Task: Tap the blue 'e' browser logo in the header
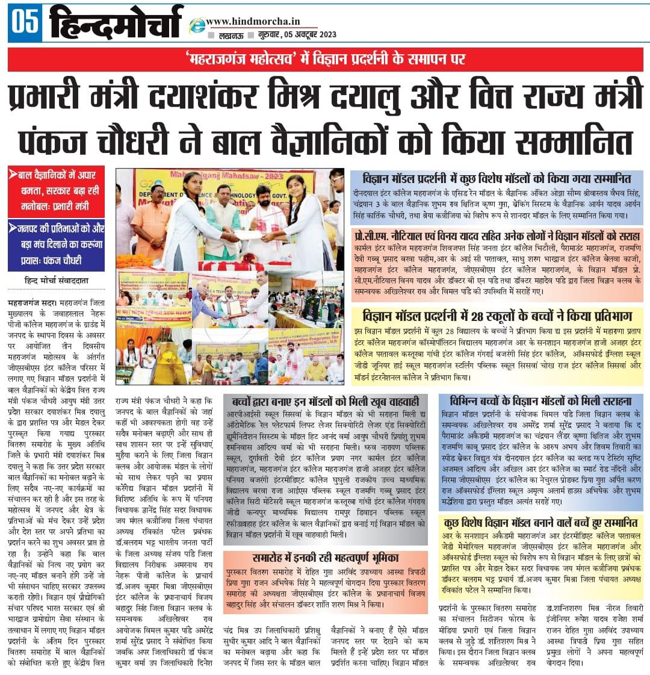tap(196, 26)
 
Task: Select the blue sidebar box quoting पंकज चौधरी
tap(56, 244)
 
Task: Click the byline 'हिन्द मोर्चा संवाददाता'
tap(55, 281)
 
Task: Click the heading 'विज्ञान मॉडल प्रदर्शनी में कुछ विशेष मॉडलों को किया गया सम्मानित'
tap(497, 179)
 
